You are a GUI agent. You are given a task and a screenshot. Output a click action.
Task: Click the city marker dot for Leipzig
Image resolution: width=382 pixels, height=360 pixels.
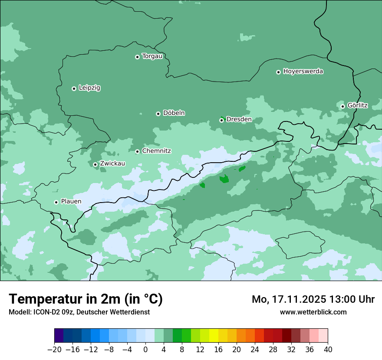(74, 88)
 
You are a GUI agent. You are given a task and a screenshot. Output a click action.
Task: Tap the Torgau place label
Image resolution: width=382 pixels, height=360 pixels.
(152, 56)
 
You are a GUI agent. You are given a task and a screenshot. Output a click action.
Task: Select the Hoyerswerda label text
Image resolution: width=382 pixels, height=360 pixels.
(303, 72)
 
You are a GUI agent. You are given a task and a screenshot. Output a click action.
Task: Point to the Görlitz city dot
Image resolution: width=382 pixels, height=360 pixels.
(342, 106)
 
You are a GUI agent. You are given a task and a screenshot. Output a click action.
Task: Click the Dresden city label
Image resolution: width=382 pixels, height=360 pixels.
(239, 119)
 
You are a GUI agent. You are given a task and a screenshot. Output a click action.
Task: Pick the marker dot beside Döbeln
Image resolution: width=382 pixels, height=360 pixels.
(158, 114)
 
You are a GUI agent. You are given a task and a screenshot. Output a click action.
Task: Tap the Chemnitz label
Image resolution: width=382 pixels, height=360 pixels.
(156, 151)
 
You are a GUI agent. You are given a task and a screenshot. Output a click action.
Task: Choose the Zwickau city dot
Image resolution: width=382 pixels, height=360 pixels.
(95, 164)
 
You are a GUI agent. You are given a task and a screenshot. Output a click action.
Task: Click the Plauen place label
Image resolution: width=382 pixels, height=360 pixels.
(71, 202)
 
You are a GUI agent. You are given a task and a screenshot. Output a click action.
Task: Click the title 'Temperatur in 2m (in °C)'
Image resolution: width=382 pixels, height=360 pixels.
(86, 299)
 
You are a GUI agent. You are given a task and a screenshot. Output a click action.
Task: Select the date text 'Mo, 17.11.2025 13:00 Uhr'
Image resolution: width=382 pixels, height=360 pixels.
(313, 299)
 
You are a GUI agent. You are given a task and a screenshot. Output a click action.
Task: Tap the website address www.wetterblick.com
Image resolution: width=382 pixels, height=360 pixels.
(313, 312)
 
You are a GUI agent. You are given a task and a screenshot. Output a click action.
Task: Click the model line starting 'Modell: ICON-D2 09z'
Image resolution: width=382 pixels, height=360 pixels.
(79, 312)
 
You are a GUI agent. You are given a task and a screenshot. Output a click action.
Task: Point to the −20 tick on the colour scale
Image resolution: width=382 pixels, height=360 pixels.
(55, 350)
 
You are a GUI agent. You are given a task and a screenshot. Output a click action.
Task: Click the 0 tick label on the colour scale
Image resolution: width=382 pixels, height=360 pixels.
(145, 350)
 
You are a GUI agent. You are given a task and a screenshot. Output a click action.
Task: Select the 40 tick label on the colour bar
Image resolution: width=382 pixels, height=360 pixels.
(328, 350)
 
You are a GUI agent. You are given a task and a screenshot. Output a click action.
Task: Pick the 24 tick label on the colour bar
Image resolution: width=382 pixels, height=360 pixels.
(255, 350)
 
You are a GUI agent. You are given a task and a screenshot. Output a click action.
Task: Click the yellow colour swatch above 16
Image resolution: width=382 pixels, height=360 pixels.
(214, 336)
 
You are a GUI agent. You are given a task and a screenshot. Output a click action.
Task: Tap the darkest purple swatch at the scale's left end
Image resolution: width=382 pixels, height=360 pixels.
(59, 336)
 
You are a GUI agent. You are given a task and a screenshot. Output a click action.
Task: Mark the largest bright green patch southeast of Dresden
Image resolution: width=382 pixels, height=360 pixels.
(224, 179)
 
